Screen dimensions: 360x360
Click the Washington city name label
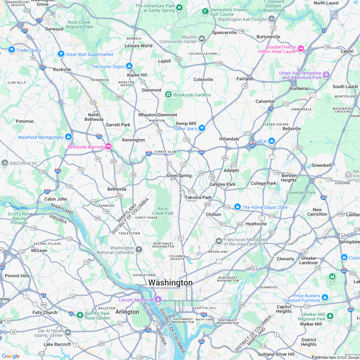(x=170, y=283)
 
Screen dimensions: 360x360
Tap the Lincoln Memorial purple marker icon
(x=158, y=300)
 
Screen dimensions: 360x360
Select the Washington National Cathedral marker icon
(x=139, y=250)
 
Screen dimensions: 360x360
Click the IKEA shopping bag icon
(x=272, y=141)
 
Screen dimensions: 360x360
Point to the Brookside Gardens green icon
(x=168, y=94)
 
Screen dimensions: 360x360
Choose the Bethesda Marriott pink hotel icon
(x=108, y=146)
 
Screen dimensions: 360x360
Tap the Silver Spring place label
(x=179, y=176)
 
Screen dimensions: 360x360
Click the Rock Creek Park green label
(x=163, y=211)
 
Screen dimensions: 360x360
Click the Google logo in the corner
(x=11, y=356)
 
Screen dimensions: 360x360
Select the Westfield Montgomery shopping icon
(x=68, y=137)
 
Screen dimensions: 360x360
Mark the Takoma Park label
(x=198, y=197)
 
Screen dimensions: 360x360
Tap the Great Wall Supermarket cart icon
(x=61, y=54)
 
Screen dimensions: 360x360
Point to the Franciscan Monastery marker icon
(x=219, y=241)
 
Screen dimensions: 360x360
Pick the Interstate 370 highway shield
(x=40, y=20)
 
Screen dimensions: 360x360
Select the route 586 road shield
(x=119, y=97)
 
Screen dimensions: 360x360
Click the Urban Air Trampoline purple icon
(x=326, y=75)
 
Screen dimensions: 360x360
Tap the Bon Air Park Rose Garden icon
(x=80, y=315)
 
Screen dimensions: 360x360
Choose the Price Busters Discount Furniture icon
(x=325, y=298)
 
